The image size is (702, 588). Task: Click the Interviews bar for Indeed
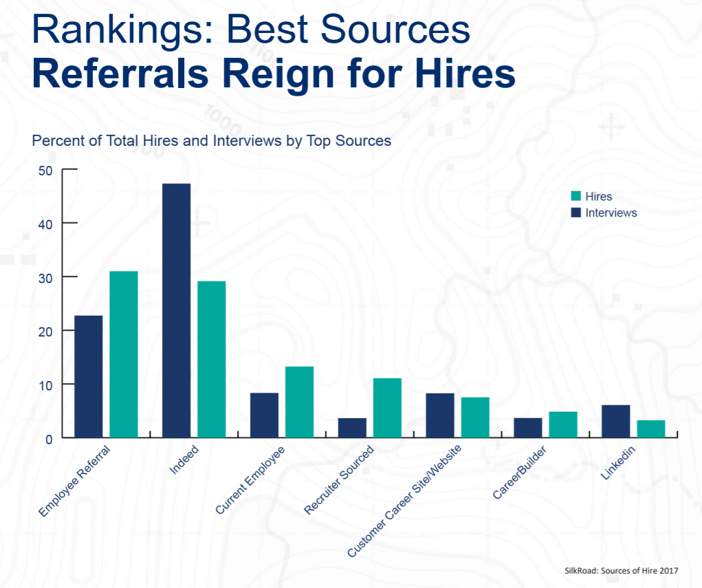click(x=176, y=309)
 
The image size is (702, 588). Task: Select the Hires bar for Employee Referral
click(x=124, y=353)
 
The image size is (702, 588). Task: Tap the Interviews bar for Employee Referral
click(x=89, y=375)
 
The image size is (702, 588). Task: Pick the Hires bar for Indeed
click(x=211, y=358)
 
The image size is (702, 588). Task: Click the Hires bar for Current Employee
click(x=299, y=402)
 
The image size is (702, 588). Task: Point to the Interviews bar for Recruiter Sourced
click(x=352, y=427)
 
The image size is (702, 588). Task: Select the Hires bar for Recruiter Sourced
click(x=387, y=407)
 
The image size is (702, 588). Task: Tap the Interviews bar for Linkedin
click(x=615, y=420)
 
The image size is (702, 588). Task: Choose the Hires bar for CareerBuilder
click(x=562, y=424)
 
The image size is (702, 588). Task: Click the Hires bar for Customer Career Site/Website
click(x=475, y=417)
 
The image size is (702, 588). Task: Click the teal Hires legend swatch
click(x=576, y=197)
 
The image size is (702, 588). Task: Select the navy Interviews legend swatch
click(x=576, y=213)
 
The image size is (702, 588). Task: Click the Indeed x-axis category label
click(x=184, y=461)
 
